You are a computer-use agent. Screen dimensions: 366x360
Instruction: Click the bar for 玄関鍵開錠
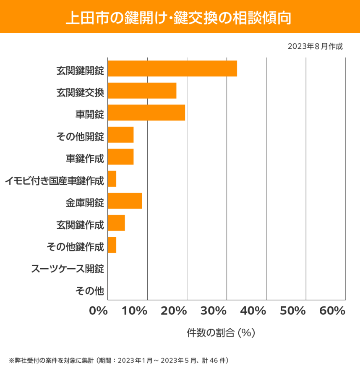(172, 68)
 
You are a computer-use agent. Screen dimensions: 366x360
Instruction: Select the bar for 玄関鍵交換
(142, 91)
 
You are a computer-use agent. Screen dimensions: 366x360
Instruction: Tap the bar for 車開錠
(146, 112)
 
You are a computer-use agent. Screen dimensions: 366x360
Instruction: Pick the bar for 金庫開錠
(125, 201)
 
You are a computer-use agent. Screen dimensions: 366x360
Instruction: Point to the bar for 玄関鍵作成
(117, 223)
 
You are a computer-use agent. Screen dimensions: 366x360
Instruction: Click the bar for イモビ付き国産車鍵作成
(112, 179)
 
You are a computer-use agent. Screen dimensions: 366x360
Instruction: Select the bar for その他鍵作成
(112, 245)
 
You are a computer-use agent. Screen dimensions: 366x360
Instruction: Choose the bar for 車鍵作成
(121, 157)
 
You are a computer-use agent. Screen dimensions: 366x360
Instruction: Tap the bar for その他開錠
(121, 135)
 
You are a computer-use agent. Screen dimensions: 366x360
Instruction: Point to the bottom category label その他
(89, 290)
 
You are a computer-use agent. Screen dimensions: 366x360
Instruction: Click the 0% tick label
(99, 311)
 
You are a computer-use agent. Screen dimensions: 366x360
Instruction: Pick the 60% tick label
(332, 311)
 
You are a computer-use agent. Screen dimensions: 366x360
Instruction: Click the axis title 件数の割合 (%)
(221, 333)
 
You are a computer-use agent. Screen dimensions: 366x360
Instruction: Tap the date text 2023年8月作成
(315, 47)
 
